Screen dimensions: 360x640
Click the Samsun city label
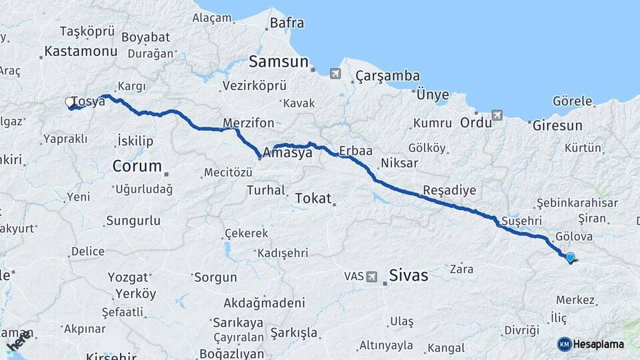pos(279,62)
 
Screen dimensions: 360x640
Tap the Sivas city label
pos(408,275)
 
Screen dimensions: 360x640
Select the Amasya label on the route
pos(287,153)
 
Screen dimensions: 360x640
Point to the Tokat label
pos(312,198)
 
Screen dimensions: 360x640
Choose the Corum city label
pos(137,166)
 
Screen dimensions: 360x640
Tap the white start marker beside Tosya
pos(71,103)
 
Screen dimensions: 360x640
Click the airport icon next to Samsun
pos(335,73)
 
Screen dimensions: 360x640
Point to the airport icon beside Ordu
pos(497,115)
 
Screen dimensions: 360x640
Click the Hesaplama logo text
pos(600,344)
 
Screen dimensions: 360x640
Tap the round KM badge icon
pos(565,344)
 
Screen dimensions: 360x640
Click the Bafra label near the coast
pos(287,23)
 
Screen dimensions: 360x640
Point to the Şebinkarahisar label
pos(577,203)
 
